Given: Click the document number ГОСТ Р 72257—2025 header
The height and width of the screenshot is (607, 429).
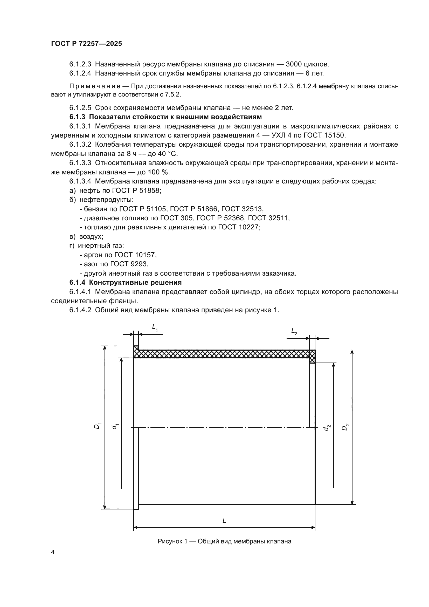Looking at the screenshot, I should click(x=86, y=44).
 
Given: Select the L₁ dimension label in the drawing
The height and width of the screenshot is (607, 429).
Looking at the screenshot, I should click(x=155, y=328).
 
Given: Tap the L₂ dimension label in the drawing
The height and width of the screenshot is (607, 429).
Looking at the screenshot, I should click(x=294, y=331).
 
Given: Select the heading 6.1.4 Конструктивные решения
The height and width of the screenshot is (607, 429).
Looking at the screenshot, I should click(x=126, y=282).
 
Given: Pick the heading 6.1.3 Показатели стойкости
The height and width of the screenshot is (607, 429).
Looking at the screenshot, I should click(x=165, y=117).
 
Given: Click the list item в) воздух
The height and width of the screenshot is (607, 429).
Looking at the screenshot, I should click(x=86, y=236).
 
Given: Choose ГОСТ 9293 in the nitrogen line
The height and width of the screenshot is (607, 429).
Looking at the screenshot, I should click(x=129, y=264).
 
